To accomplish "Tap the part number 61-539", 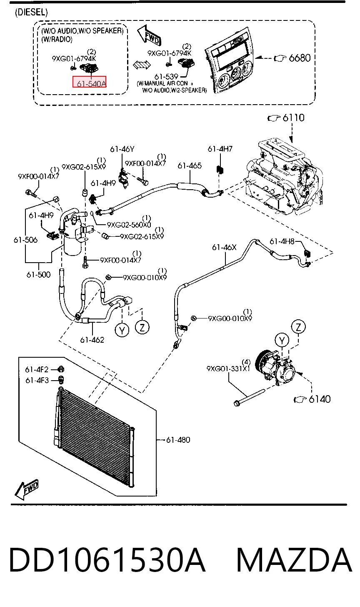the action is [x=166, y=77].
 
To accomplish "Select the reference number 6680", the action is [x=300, y=58].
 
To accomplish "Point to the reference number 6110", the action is [x=293, y=118].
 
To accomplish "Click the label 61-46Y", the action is [x=122, y=149].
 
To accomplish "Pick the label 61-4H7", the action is [x=220, y=149].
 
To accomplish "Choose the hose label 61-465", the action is [x=190, y=166].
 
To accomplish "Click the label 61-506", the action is [x=25, y=240].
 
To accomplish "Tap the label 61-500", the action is [x=38, y=275].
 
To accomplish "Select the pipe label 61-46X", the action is [x=224, y=247].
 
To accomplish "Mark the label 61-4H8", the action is [x=282, y=241].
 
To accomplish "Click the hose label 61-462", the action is [x=92, y=340].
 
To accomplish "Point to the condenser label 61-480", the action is [x=178, y=440].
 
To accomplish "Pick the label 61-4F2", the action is [x=37, y=370].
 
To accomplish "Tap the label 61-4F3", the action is [x=37, y=381].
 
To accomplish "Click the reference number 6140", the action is [x=320, y=399].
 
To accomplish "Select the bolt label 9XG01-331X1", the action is [x=228, y=369].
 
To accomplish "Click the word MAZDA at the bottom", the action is [x=295, y=560].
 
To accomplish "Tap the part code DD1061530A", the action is [x=107, y=560].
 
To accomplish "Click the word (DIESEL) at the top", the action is [x=31, y=12].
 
